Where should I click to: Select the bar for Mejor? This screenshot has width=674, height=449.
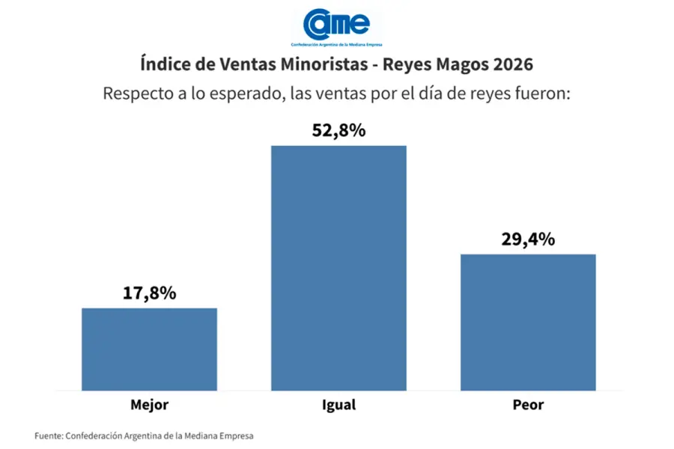tap(149, 349)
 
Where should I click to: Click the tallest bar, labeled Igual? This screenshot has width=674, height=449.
tap(338, 268)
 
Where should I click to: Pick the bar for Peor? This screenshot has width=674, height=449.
tap(528, 322)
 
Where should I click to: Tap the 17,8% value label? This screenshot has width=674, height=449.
tap(149, 293)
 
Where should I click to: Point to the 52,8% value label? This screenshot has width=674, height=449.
tap(338, 130)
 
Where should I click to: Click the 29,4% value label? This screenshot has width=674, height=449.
tap(528, 239)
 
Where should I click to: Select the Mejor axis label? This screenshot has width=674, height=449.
tap(149, 406)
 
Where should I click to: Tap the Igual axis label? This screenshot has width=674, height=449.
tap(338, 406)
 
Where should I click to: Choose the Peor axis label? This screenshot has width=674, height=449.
tap(528, 406)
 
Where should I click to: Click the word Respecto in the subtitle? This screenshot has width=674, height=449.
tap(137, 95)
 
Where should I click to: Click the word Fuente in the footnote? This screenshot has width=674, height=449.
tap(48, 435)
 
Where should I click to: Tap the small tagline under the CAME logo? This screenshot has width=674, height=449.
tap(336, 44)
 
